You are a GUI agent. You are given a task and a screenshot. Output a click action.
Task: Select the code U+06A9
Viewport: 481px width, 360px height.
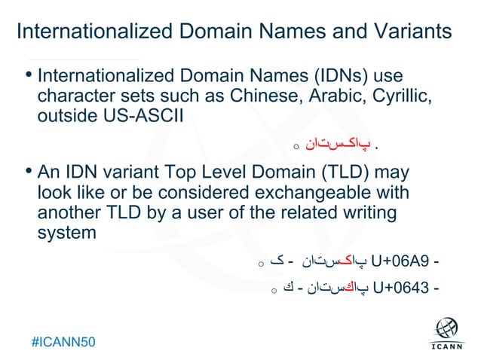coord(401,262)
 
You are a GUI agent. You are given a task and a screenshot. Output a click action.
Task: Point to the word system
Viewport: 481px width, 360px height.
coord(67,232)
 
